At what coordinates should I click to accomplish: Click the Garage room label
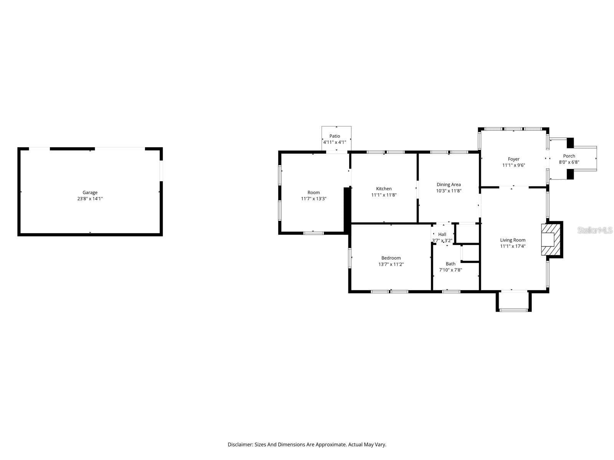pos(90,192)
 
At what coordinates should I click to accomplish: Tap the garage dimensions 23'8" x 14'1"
pos(90,199)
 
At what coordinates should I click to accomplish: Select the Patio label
pos(335,136)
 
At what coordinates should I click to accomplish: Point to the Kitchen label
pos(384,189)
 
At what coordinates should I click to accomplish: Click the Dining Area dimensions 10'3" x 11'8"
pos(449,191)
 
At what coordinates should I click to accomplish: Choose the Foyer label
pos(513,159)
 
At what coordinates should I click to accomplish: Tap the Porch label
pos(569,156)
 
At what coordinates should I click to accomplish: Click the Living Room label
pos(513,240)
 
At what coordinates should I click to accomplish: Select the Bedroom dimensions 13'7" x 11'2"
pos(391,264)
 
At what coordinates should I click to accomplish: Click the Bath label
pos(451,264)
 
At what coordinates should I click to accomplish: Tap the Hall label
pos(442,234)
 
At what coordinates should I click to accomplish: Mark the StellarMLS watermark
pos(595,230)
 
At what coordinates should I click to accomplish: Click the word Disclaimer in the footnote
pos(240,444)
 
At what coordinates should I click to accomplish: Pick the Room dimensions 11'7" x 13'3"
pos(314,199)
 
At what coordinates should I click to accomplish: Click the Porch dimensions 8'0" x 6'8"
pos(569,162)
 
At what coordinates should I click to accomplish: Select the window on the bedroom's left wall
pos(350,258)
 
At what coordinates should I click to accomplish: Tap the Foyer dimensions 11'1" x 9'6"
pos(513,165)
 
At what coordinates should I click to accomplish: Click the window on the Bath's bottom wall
pos(451,292)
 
